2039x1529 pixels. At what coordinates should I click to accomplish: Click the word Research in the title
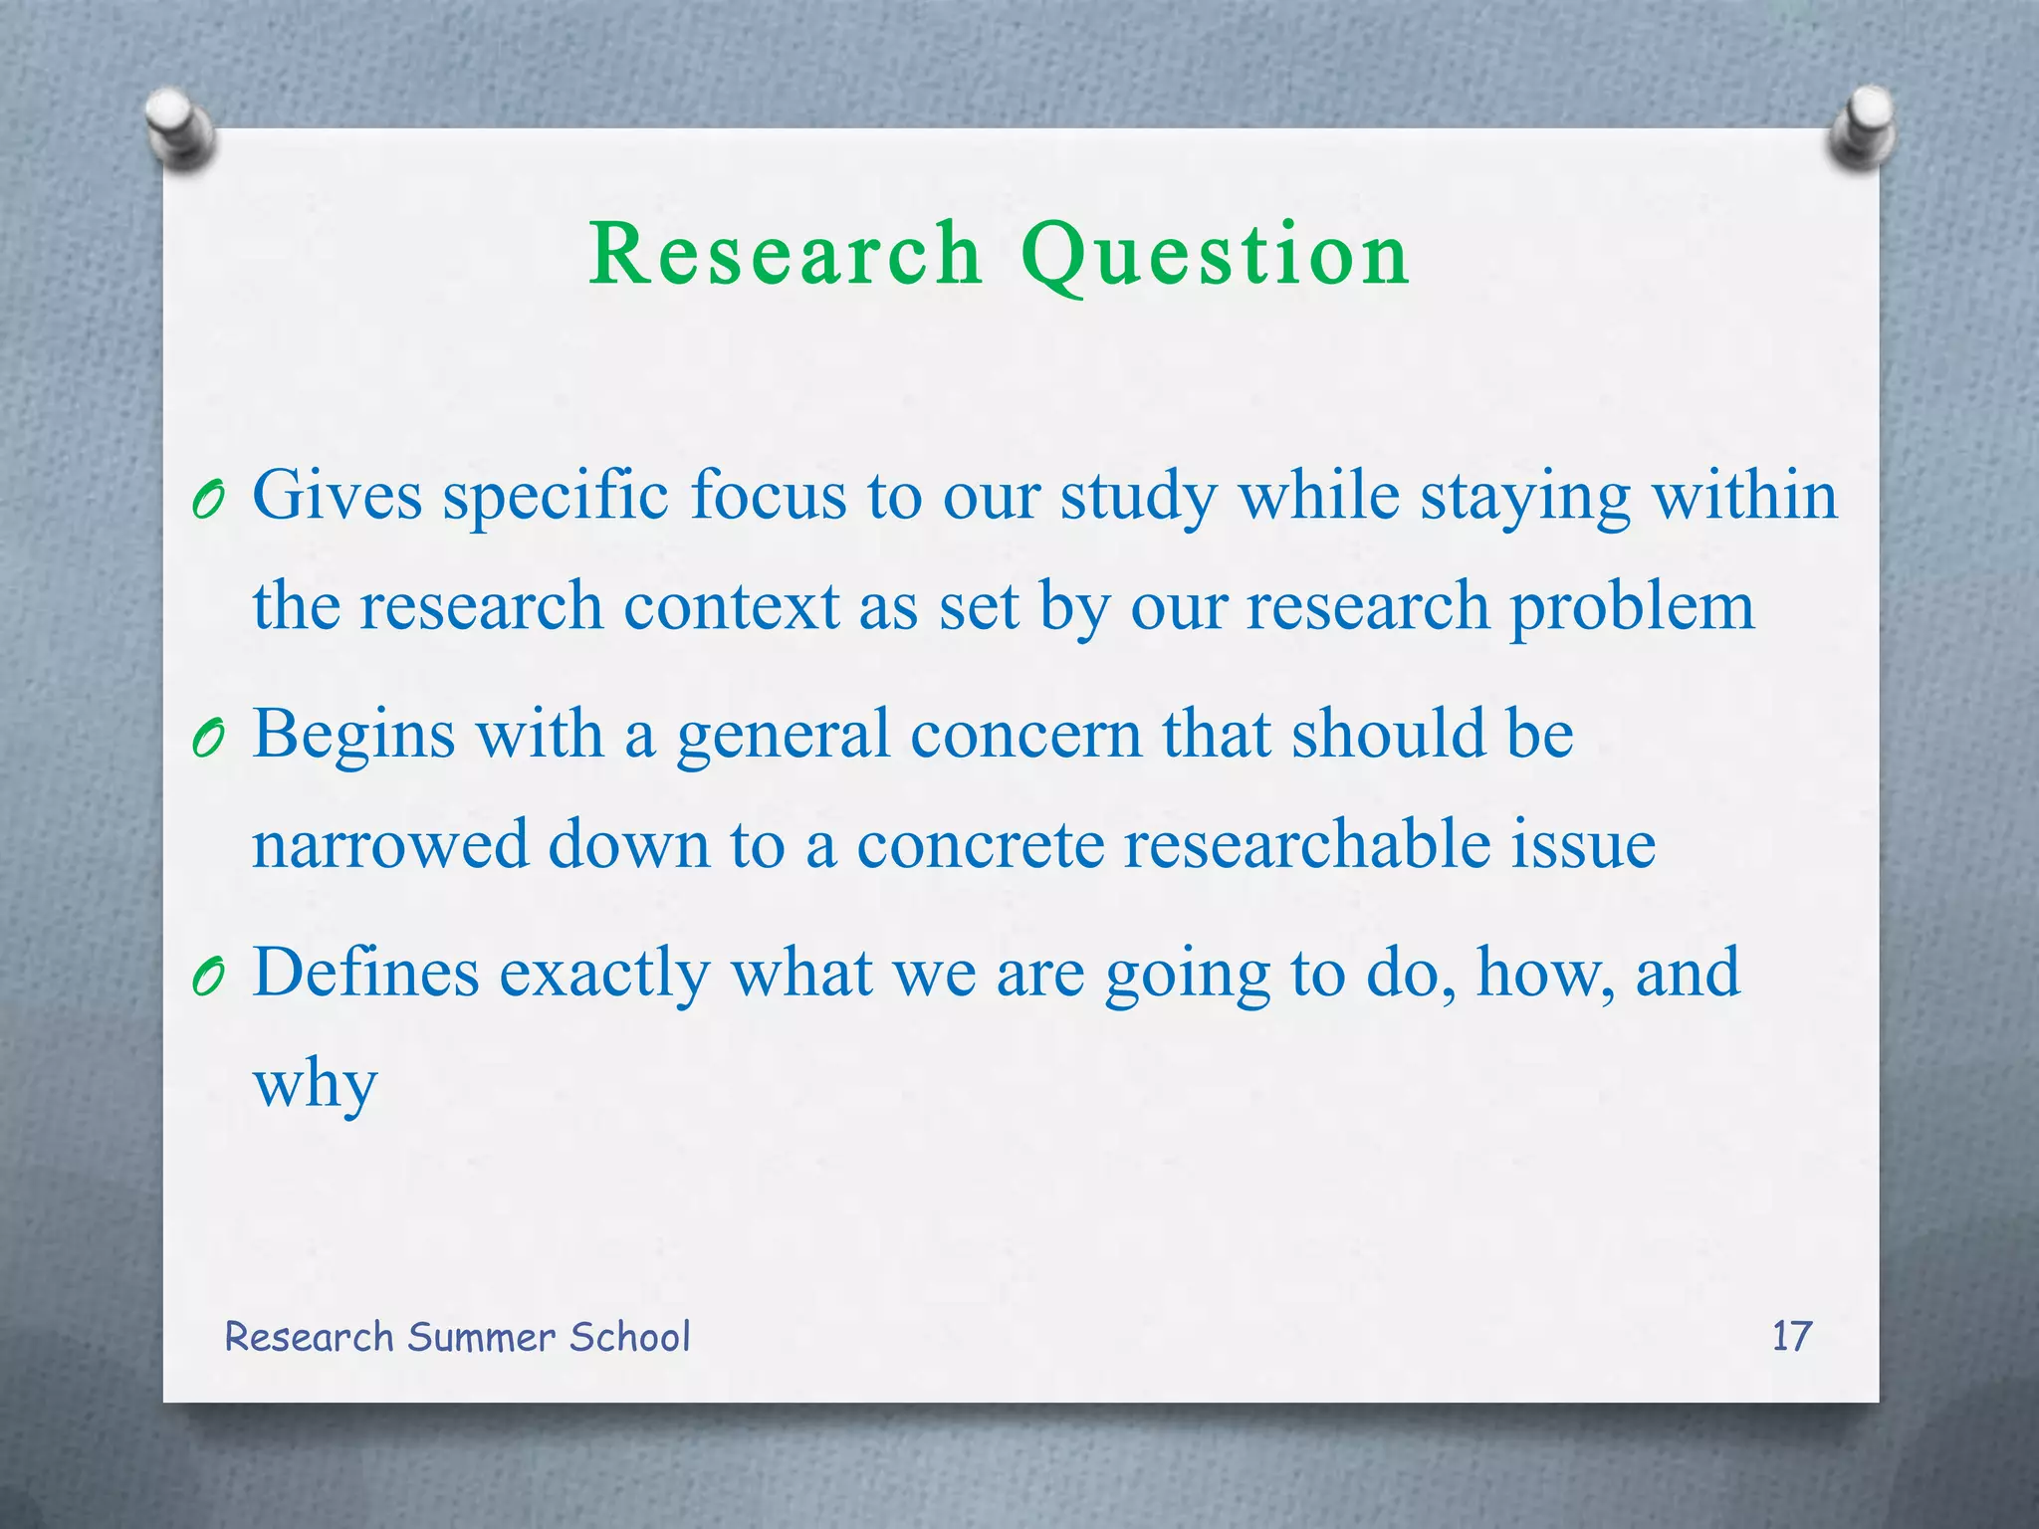[786, 255]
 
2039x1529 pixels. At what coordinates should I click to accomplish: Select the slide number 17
[1791, 1336]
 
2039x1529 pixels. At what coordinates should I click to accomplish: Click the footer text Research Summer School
[457, 1337]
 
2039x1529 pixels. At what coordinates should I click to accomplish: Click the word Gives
[338, 495]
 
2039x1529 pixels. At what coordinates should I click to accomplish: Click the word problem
[1632, 608]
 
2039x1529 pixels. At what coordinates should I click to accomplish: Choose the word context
[731, 606]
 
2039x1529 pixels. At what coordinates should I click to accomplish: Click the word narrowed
[389, 844]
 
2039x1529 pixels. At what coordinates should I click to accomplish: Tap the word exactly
[604, 974]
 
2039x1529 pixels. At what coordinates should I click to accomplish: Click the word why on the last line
[315, 1085]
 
